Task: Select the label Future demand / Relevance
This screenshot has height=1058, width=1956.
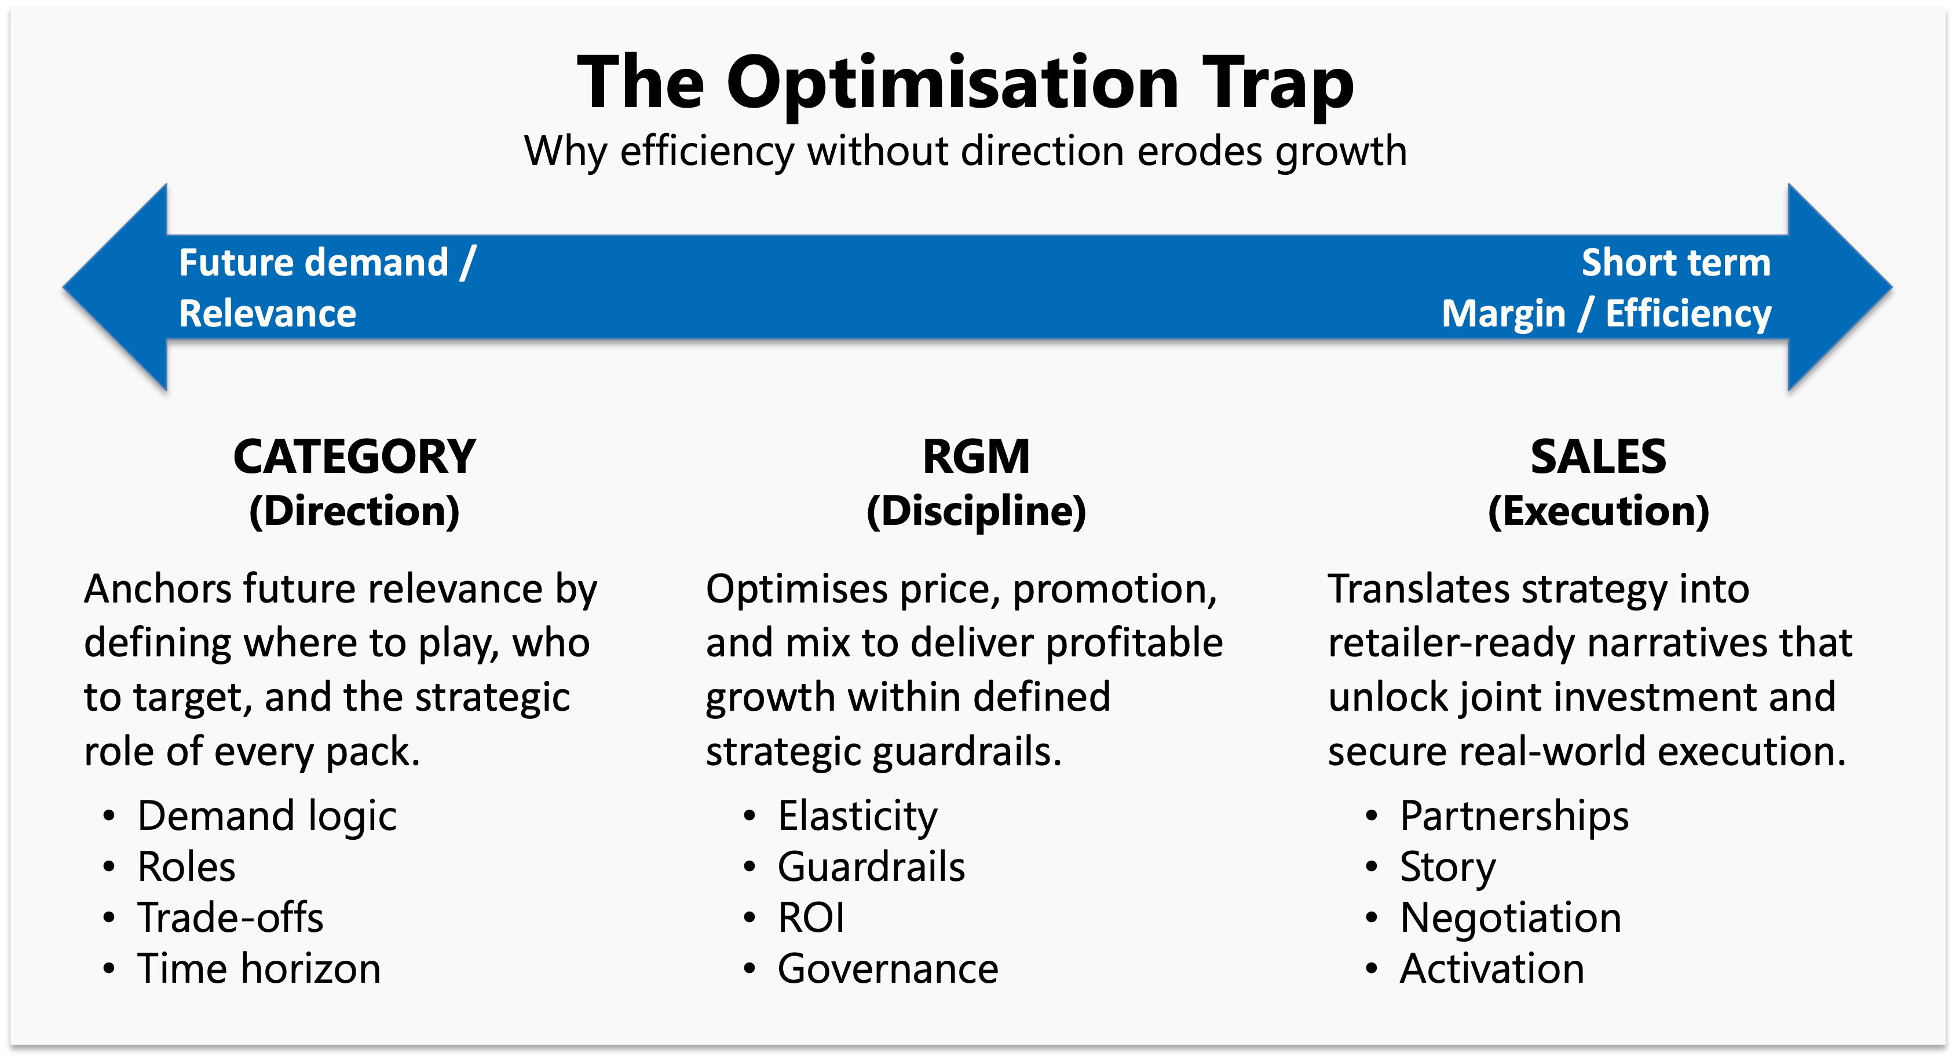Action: (327, 288)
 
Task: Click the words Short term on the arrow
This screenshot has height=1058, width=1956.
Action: (1675, 263)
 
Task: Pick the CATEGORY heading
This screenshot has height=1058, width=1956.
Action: (354, 457)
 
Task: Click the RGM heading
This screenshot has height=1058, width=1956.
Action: (976, 457)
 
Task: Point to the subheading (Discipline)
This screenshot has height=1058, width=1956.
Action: (976, 511)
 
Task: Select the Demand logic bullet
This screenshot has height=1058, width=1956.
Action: (266, 817)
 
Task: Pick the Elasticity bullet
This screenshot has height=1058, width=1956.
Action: (857, 817)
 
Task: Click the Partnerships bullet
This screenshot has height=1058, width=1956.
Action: (1514, 817)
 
